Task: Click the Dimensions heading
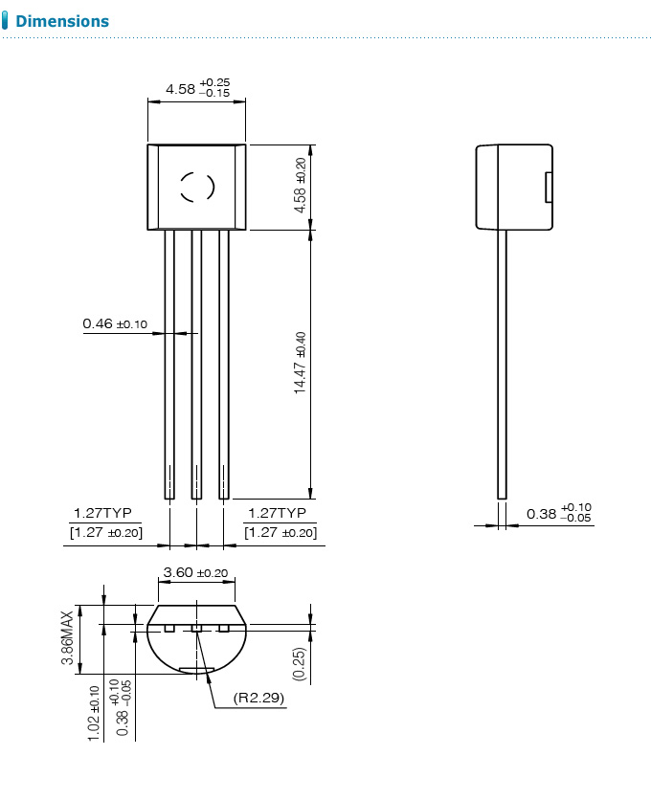point(62,21)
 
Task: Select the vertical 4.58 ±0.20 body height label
point(300,185)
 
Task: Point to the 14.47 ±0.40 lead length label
point(300,363)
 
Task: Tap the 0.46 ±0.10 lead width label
point(115,324)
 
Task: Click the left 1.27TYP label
point(102,513)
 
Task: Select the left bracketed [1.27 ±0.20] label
point(105,532)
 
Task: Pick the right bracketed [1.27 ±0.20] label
point(281,532)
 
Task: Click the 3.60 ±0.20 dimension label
point(196,573)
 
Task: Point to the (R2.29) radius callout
point(258,699)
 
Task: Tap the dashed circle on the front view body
point(198,187)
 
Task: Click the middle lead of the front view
point(196,364)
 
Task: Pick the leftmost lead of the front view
point(169,364)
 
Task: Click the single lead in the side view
point(501,364)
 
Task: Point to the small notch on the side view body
point(549,187)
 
